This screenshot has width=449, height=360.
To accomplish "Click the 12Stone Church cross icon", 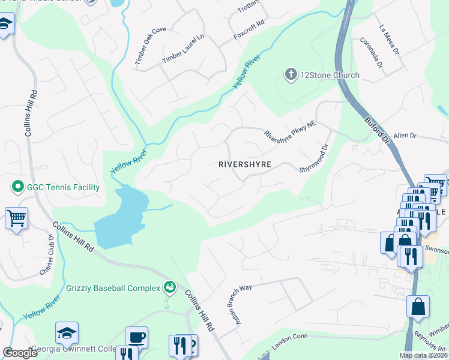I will tap(291, 75).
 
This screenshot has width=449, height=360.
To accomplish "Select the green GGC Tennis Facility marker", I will tap(17, 187).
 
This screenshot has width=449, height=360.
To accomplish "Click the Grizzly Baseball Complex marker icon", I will tap(170, 287).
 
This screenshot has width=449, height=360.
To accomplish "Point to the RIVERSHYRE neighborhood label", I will tap(245, 164).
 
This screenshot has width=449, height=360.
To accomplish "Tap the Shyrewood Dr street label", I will tap(315, 158).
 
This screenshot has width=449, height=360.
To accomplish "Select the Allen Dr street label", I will tap(405, 136).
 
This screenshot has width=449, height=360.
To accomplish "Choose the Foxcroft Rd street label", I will tap(249, 34).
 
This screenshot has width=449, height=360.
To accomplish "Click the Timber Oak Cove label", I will tap(150, 46).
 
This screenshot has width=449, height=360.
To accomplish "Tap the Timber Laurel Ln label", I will tap(183, 50).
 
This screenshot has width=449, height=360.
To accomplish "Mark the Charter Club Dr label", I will tap(47, 255).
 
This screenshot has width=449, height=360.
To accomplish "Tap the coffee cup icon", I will tap(136, 337).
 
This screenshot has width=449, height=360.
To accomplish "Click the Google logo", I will tap(20, 353).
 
